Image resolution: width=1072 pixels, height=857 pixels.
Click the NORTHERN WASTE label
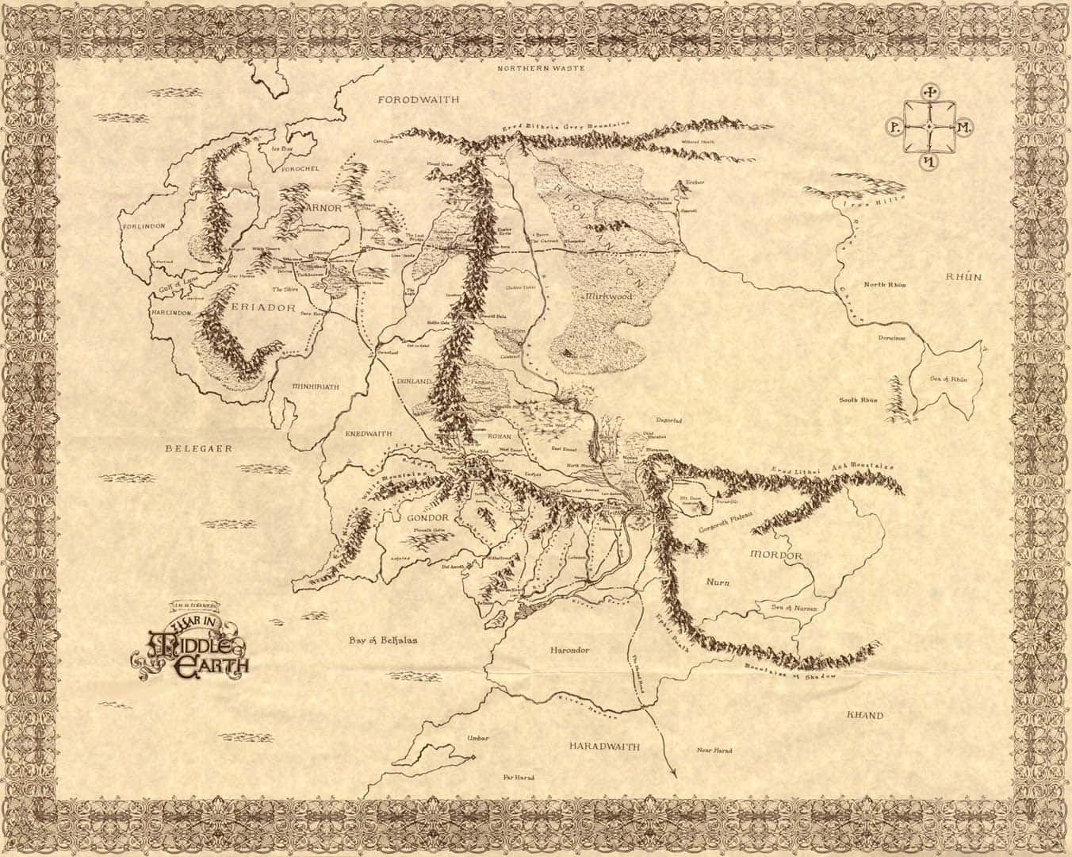point(541,69)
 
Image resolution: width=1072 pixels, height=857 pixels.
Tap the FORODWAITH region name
point(419,100)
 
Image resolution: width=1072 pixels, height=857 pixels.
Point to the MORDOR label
point(776,555)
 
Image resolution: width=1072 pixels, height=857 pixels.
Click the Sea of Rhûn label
point(948,379)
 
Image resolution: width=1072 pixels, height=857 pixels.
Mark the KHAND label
point(865,715)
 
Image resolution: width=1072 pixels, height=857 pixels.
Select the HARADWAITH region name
point(604,747)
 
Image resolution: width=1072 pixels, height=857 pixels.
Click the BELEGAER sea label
point(198,448)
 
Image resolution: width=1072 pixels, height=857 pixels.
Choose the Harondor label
point(569,650)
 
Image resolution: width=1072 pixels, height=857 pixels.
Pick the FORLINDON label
point(144,226)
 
